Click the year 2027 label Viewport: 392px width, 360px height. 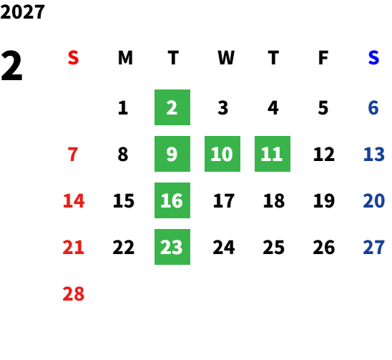pyautogui.click(x=22, y=11)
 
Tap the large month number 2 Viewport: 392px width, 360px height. pyautogui.click(x=11, y=66)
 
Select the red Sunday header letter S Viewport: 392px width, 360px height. pyautogui.click(x=73, y=58)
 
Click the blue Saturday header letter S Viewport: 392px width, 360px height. pyautogui.click(x=373, y=58)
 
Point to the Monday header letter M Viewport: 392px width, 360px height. pyautogui.click(x=125, y=58)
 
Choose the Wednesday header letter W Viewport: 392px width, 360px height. pyautogui.click(x=226, y=58)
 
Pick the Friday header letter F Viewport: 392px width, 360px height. pyautogui.click(x=323, y=58)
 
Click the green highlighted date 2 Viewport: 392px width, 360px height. pyautogui.click(x=172, y=107)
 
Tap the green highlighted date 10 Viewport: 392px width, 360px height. pyautogui.click(x=222, y=154)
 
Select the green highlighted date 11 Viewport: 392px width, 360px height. pyautogui.click(x=273, y=154)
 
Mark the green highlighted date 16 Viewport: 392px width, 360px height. pyautogui.click(x=172, y=200)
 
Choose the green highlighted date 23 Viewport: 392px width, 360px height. pyautogui.click(x=172, y=247)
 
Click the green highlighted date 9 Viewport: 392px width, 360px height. pyautogui.click(x=172, y=154)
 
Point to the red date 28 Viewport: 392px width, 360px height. pyautogui.click(x=74, y=293)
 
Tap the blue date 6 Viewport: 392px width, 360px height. pyautogui.click(x=373, y=108)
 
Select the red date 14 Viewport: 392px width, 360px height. pyautogui.click(x=74, y=200)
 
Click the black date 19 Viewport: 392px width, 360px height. pyautogui.click(x=324, y=200)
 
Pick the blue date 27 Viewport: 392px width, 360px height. pyautogui.click(x=373, y=248)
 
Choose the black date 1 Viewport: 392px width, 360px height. pyautogui.click(x=123, y=108)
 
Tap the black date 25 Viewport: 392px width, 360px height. pyautogui.click(x=274, y=248)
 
